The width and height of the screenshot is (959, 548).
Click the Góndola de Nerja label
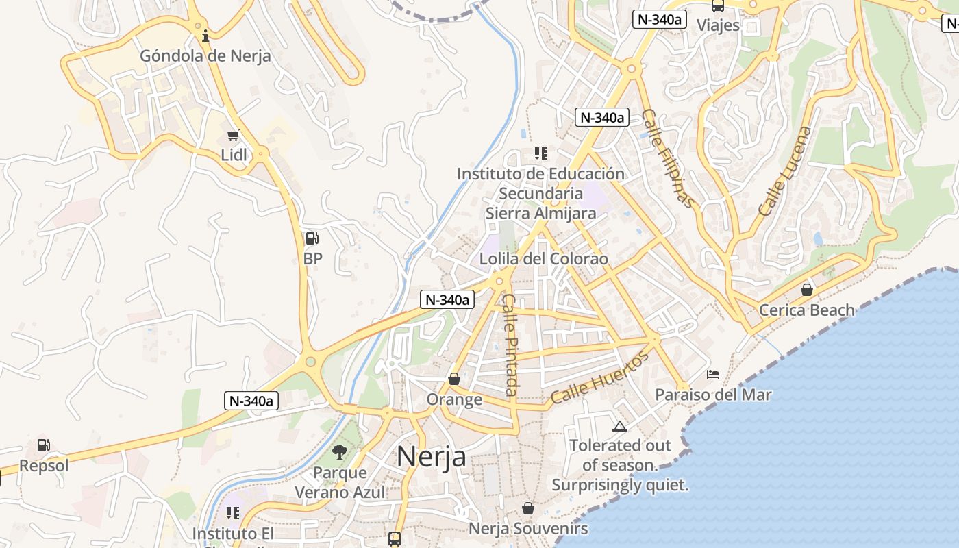coord(206,56)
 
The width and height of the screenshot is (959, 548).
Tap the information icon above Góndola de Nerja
coord(206,35)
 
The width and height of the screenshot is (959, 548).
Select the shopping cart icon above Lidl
coord(234,136)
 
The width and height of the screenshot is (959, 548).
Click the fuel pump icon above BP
coord(312,238)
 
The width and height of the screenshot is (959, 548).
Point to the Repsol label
coord(44,466)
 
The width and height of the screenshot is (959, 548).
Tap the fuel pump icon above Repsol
coord(44,445)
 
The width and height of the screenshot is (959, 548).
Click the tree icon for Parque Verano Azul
coord(339,452)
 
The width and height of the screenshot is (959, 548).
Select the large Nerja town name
coord(432,456)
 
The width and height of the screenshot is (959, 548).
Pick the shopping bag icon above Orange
coord(453,379)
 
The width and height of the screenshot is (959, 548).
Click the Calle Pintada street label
coord(510,345)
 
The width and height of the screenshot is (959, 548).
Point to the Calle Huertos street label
coord(599,377)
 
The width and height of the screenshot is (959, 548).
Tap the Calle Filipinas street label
coord(668,158)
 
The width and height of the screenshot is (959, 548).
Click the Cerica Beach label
coord(807,310)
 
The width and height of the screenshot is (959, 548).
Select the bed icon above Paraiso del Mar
coord(713,375)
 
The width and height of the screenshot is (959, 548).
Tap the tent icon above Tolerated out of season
coord(620,427)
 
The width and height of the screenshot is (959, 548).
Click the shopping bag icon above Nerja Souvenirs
coord(527,509)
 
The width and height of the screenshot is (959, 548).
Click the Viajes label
coord(719,25)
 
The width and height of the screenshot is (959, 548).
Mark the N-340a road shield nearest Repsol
coord(251,401)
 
